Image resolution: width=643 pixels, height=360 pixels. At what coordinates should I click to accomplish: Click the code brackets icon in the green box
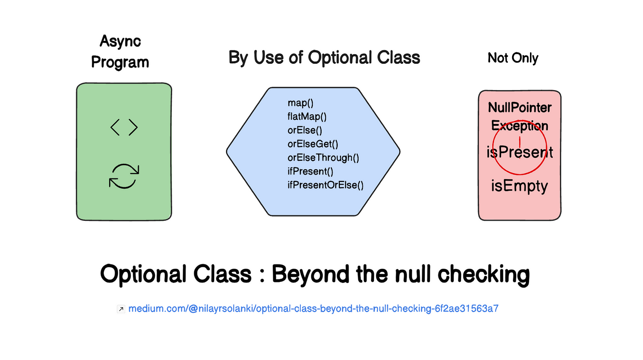point(124,127)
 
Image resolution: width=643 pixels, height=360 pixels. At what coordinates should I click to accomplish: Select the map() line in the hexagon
point(300,103)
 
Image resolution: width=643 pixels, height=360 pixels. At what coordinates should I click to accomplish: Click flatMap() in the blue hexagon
point(307,117)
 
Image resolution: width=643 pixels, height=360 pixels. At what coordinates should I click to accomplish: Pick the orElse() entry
point(305,130)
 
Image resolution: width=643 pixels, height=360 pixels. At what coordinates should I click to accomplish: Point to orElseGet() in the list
point(313,144)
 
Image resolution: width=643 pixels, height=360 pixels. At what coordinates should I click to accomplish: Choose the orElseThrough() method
point(323,157)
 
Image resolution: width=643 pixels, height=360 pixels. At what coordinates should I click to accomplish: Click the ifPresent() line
point(310,171)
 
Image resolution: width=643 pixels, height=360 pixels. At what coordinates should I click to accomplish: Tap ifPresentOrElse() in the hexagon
point(325,185)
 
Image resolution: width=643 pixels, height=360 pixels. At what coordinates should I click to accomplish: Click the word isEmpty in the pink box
point(519,186)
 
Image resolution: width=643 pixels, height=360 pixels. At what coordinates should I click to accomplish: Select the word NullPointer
point(519,107)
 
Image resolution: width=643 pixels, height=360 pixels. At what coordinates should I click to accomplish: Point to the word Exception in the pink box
point(519,126)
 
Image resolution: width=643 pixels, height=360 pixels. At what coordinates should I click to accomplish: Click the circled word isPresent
point(519,152)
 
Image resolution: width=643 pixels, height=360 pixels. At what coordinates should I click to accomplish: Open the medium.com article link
point(313,309)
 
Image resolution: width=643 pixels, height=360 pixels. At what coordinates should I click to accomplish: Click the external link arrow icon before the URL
point(121,309)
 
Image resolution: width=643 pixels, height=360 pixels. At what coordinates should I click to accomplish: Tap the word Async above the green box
point(120,41)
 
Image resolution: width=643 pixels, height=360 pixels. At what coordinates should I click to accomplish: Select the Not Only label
point(513,58)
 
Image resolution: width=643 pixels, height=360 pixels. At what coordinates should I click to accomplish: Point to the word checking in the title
point(484,275)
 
